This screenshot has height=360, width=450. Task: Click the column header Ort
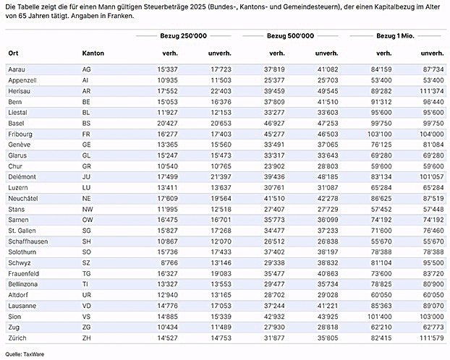[13, 53]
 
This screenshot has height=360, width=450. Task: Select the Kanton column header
[93, 53]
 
